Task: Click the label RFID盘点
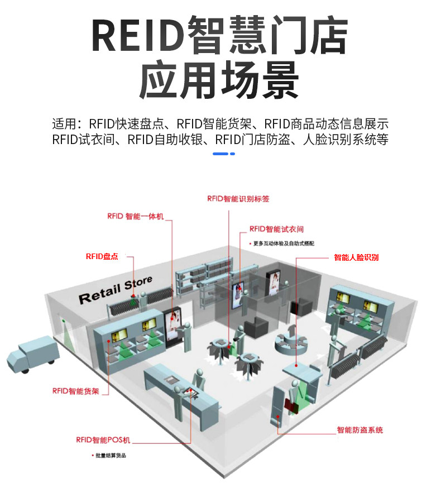point(102,256)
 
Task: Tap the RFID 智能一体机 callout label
point(135,216)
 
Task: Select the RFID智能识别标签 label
point(238,198)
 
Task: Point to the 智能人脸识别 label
point(356,257)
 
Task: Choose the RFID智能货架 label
point(75,391)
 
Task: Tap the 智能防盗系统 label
point(359,430)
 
